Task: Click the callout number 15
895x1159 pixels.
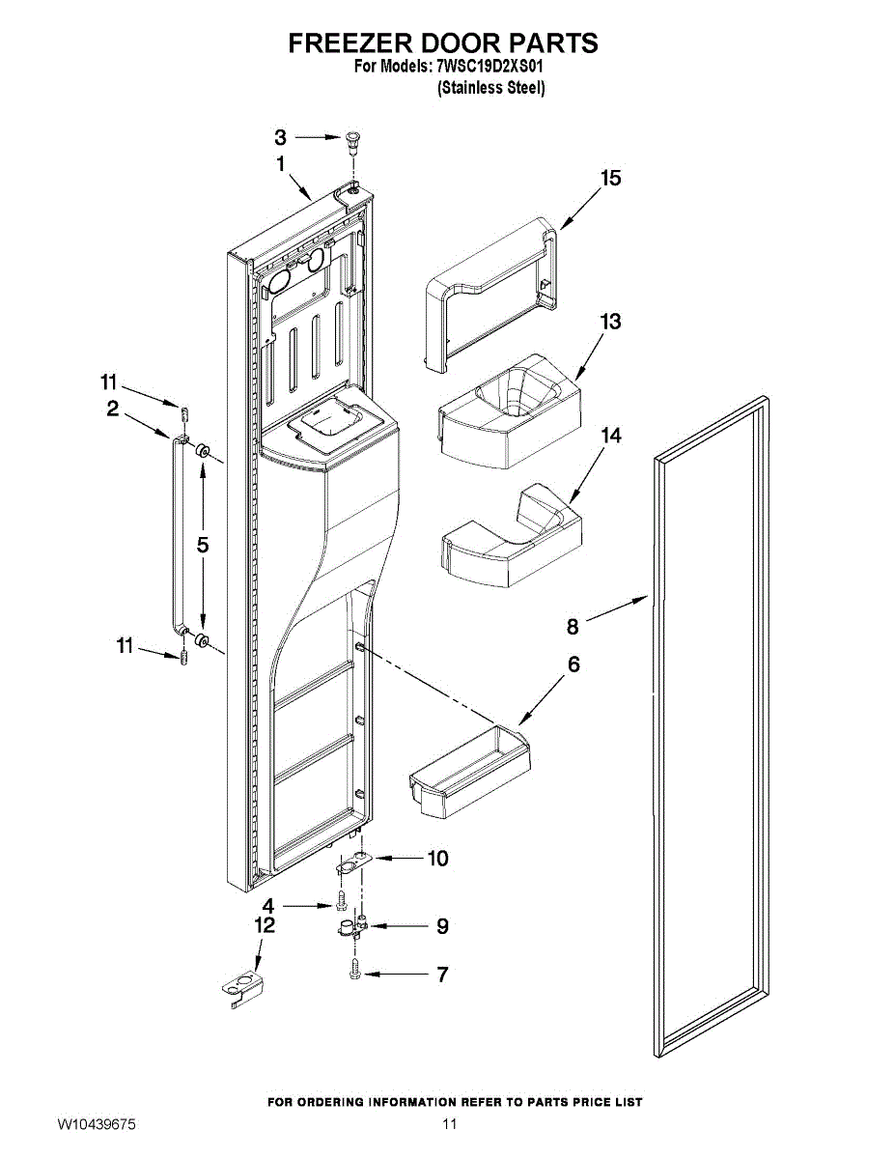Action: (x=610, y=179)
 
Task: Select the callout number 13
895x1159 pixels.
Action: (x=610, y=322)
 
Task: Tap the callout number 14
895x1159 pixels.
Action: (x=610, y=437)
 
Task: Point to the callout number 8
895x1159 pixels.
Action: (x=573, y=627)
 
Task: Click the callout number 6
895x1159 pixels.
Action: (x=573, y=665)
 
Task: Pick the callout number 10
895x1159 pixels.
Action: (x=437, y=858)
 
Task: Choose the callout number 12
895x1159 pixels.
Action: (x=265, y=926)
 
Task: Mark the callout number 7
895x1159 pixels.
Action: (x=442, y=975)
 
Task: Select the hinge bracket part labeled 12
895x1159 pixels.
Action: (x=240, y=989)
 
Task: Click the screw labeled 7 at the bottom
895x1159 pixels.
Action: (x=355, y=969)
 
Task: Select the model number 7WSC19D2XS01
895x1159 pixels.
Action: (x=491, y=68)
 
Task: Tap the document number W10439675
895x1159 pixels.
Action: (x=96, y=1125)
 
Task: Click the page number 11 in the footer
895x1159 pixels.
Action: (x=449, y=1125)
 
